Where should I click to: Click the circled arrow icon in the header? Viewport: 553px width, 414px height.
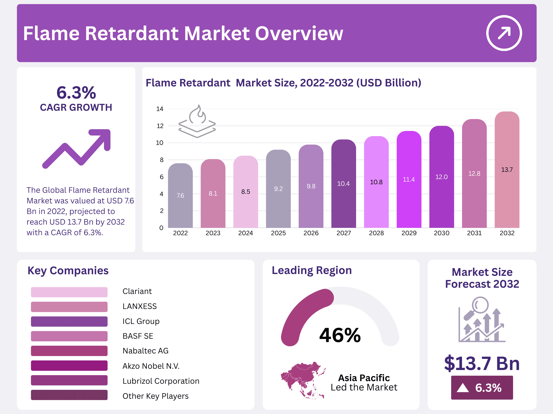[504, 33]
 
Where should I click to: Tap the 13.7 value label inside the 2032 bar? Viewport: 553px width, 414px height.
[507, 170]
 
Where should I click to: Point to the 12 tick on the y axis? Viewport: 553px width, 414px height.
[160, 126]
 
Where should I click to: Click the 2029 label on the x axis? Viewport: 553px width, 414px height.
[409, 233]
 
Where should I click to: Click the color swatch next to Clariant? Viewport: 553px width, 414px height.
[69, 292]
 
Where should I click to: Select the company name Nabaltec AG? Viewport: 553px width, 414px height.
[145, 351]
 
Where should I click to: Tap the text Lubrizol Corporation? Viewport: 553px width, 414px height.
[161, 381]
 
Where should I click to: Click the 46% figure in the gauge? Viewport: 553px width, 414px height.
[340, 335]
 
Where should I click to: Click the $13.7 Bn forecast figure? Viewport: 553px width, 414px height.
[482, 364]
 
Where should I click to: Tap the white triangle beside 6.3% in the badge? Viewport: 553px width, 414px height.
[463, 388]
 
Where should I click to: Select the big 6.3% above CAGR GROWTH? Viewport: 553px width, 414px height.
[76, 93]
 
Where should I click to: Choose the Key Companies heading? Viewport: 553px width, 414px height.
[68, 271]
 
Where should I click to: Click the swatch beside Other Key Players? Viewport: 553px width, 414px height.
[69, 395]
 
